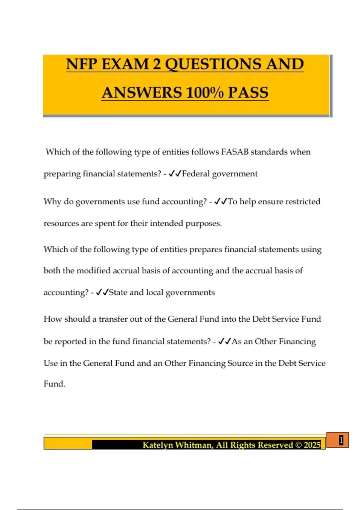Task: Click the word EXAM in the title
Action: pyautogui.click(x=125, y=64)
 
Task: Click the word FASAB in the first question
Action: pyautogui.click(x=235, y=152)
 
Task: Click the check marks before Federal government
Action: pyautogui.click(x=175, y=174)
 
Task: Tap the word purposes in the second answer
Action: pyautogui.click(x=203, y=223)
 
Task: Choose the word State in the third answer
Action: pyautogui.click(x=118, y=292)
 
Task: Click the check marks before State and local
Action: pyautogui.click(x=102, y=292)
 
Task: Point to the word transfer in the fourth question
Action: pyautogui.click(x=113, y=319)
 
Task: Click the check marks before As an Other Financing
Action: pyautogui.click(x=224, y=341)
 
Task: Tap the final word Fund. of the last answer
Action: pyautogui.click(x=54, y=384)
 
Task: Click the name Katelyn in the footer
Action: pyautogui.click(x=157, y=445)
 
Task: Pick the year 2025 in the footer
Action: pyautogui.click(x=312, y=445)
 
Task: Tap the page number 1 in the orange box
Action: pyautogui.click(x=341, y=440)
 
